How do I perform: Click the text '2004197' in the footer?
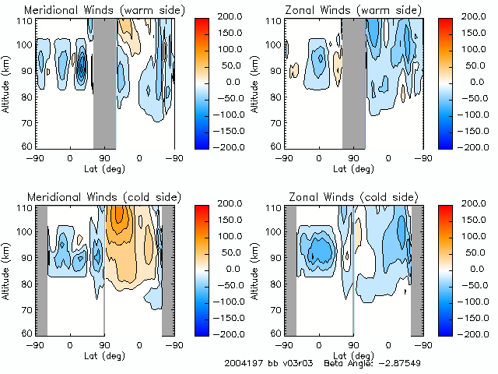242,363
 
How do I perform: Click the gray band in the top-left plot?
104,82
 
